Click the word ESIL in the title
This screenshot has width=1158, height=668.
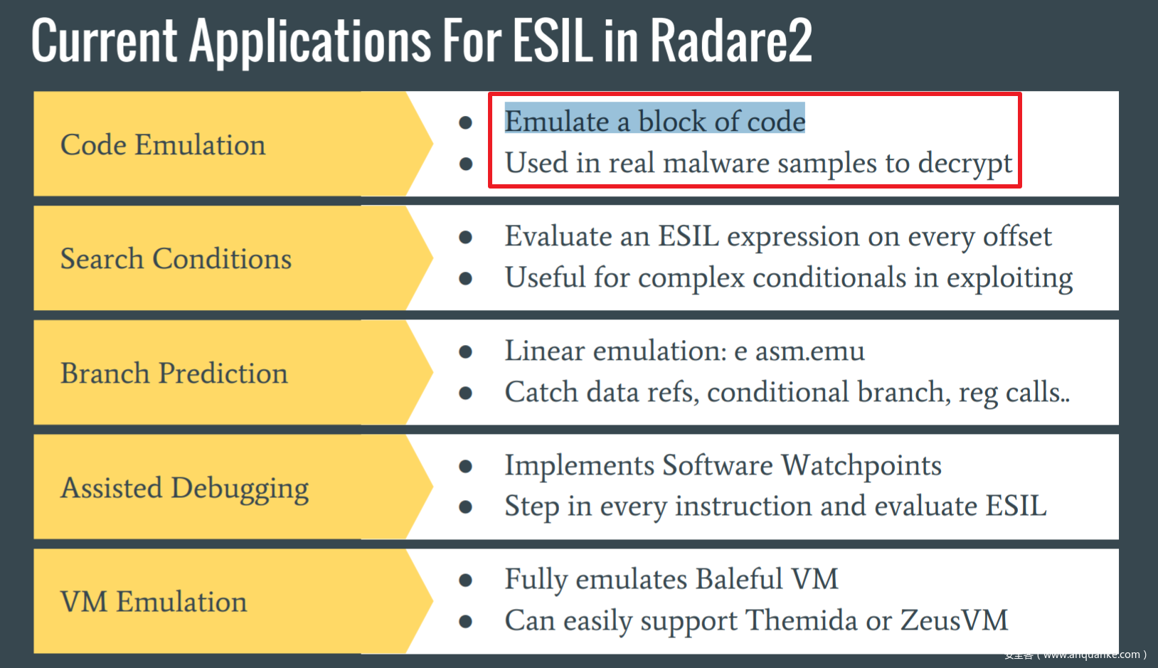point(552,41)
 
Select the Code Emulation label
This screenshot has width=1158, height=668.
point(163,145)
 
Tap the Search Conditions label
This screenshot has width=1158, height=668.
point(176,259)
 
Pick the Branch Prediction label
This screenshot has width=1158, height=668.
point(174,373)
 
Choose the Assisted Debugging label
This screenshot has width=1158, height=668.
point(185,489)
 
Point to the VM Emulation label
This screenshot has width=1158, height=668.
point(154,602)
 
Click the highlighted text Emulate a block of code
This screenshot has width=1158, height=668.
point(654,121)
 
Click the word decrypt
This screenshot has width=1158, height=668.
point(965,164)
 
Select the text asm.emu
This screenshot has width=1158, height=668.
point(809,351)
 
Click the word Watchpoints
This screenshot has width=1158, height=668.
point(861,465)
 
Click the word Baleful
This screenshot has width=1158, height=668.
point(739,579)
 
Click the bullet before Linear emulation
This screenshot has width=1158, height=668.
point(466,351)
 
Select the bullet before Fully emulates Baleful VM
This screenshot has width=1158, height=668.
point(466,580)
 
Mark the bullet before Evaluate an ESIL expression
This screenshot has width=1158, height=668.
point(466,237)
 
